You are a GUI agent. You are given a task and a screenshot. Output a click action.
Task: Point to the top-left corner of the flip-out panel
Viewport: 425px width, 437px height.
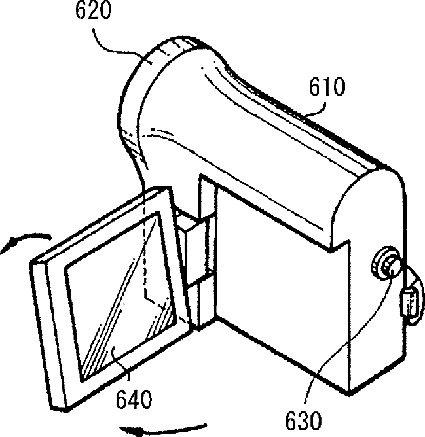pos(34,260)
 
